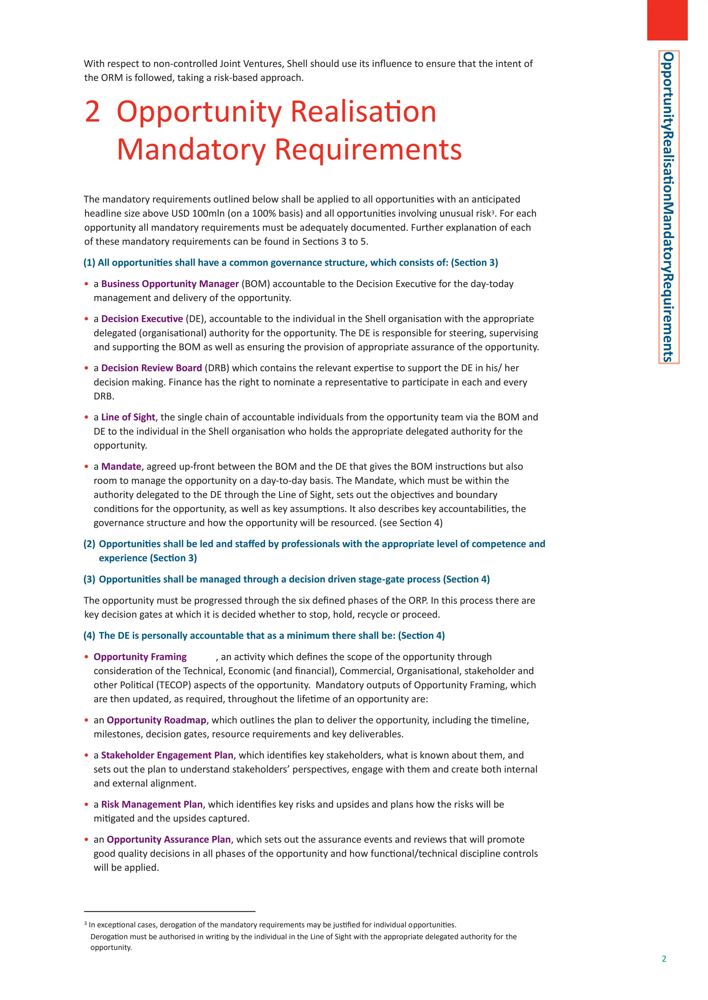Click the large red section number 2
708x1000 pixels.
tap(92, 112)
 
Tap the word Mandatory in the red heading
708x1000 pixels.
tap(191, 150)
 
